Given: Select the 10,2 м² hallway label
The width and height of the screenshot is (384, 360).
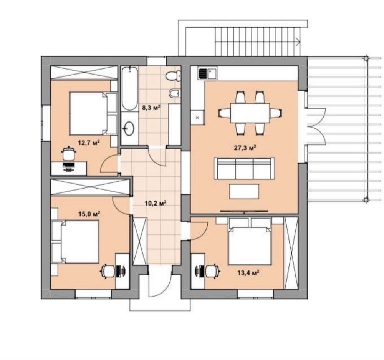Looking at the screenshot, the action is tap(156, 203).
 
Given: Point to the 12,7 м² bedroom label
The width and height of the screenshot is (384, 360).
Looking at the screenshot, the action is tap(89, 143).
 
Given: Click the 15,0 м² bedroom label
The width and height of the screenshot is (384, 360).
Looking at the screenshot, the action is tap(89, 214).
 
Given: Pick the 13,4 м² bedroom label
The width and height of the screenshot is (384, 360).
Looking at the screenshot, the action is tap(248, 272).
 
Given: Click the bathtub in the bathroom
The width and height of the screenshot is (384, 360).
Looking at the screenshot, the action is tap(129, 88).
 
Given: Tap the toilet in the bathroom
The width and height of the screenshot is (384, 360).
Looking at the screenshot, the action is tap(173, 76).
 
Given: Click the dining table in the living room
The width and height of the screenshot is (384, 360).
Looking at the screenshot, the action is tap(250, 113).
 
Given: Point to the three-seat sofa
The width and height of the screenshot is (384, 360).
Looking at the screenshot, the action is tap(244, 168).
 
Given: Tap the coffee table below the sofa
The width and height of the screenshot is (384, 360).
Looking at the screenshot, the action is tap(244, 191).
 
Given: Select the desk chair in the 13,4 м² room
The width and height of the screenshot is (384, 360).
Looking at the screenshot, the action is tap(213, 271).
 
